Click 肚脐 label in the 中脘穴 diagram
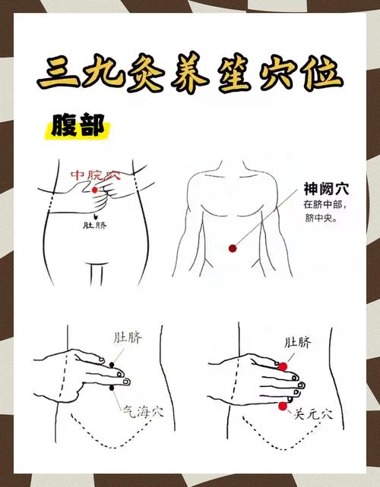(x=95, y=225)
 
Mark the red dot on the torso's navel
(x=234, y=247)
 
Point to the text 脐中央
(x=320, y=219)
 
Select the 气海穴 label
(x=143, y=410)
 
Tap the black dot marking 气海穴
(x=113, y=388)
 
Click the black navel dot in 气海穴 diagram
(x=112, y=366)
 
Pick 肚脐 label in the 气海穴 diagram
(x=128, y=336)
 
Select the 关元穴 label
(x=314, y=414)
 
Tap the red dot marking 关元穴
(x=283, y=407)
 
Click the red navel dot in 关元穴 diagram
(x=283, y=366)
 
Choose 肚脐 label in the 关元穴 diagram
(x=297, y=343)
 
